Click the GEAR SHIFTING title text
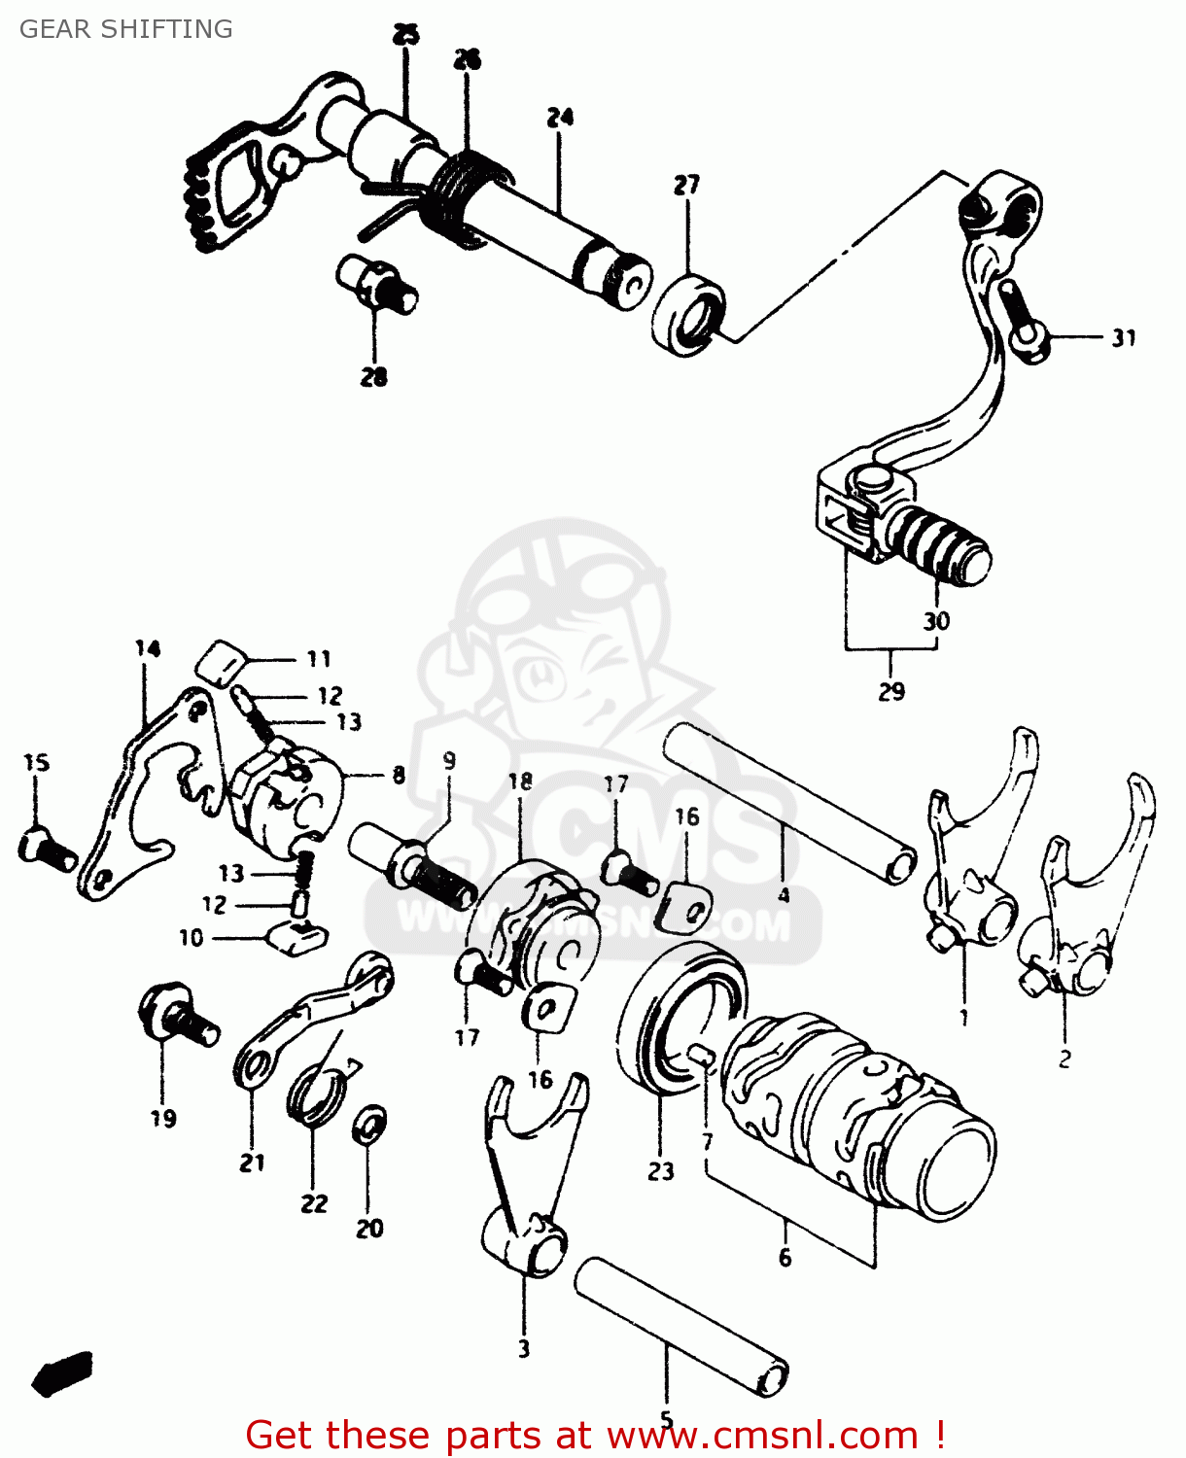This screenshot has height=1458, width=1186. click(126, 29)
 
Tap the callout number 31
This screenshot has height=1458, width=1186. click(1124, 338)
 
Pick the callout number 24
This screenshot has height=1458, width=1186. click(560, 118)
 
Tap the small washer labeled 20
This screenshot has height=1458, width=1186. click(368, 1126)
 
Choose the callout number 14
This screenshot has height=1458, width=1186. click(148, 648)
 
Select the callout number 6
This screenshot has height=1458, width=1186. click(785, 1258)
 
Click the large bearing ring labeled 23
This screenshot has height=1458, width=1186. click(680, 1016)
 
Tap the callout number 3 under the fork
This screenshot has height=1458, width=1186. click(524, 1348)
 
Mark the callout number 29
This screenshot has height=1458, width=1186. click(891, 691)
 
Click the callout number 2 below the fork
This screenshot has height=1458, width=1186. click(1064, 1059)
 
